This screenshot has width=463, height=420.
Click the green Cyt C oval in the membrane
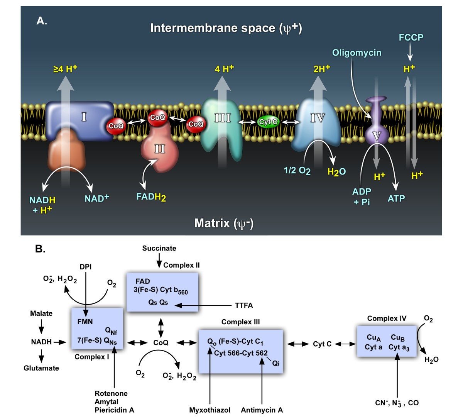pos(269,122)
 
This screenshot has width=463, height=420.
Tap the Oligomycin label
pos(357,53)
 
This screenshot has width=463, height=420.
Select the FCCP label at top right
pos(411,37)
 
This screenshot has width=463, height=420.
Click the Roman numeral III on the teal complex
pos(222,118)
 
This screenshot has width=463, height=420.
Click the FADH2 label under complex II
pos(151,197)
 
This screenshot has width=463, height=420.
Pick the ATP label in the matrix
pos(396,198)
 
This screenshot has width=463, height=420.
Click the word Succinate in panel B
pos(159,248)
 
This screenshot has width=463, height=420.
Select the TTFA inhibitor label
pos(244,306)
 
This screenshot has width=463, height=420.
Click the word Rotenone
pos(111,393)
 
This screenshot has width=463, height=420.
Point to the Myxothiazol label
pos(210,410)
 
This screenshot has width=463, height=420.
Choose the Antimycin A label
pos(262,410)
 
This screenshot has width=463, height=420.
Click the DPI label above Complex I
pos(86,267)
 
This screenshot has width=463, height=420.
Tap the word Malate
pos(41,313)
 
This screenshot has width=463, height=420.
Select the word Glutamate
pos(41,368)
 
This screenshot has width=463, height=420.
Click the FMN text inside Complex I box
pos(85,322)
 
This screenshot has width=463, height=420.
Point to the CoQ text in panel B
pos(161,342)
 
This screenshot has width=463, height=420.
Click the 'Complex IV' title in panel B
pos(387,318)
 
